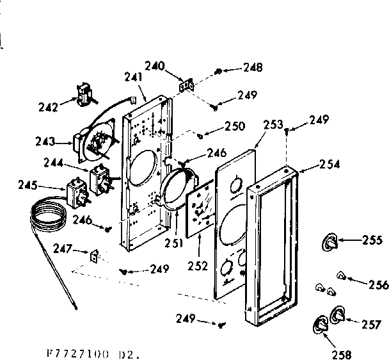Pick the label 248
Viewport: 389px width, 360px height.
[252, 68]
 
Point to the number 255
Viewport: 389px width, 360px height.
[372, 241]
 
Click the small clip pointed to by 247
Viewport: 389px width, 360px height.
[95, 256]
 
